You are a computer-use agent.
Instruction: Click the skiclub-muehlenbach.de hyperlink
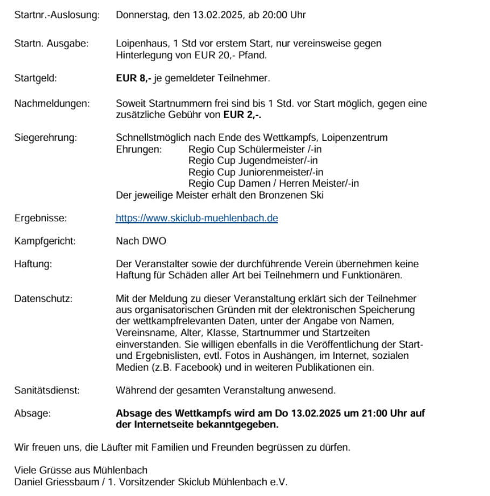tap(196, 219)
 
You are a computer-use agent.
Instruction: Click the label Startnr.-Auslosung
tap(57, 15)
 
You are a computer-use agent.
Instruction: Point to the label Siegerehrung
tap(45, 138)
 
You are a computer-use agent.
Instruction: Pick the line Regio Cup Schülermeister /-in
tap(255, 150)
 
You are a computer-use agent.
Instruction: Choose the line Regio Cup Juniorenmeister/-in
tap(256, 172)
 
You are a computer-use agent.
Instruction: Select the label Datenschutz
tap(43, 298)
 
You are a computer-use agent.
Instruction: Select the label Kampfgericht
tap(45, 241)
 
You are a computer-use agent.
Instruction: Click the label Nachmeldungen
tap(52, 103)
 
